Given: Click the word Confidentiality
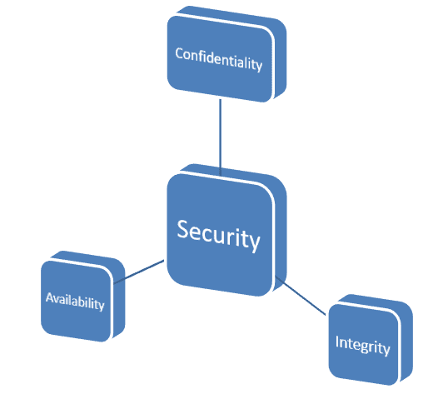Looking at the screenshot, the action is point(219,59).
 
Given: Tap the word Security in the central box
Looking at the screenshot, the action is point(219,236).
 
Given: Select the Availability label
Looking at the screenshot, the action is point(75,302).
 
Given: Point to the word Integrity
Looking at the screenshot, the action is point(363,346).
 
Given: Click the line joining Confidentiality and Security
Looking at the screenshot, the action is point(221,137).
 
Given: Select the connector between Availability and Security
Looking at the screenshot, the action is point(139,272).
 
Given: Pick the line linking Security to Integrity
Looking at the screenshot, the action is point(301,296).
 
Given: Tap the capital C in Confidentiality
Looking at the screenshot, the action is point(179,53).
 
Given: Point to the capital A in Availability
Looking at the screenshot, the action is point(50,297).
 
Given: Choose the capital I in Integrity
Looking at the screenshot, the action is point(337,342).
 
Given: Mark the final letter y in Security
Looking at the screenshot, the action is point(254,243).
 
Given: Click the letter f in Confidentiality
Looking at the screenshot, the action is point(201,56).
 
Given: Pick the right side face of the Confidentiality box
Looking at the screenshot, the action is point(281,58).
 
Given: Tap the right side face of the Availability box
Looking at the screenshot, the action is point(120,297).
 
